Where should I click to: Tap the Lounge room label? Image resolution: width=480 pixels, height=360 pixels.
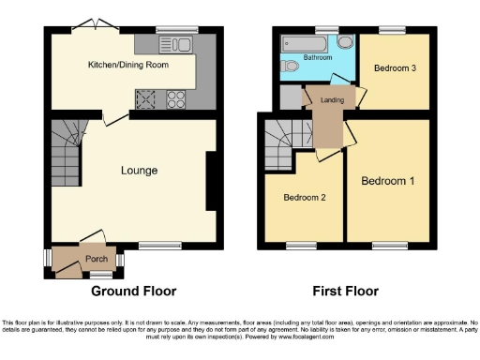[x=138, y=171]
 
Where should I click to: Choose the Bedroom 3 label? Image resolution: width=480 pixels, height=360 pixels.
[x=394, y=68]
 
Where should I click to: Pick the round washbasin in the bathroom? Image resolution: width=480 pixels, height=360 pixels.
[x=344, y=42]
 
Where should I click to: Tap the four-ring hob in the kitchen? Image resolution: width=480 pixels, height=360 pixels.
[x=175, y=98]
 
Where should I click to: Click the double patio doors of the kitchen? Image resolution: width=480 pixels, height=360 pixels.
[x=95, y=25]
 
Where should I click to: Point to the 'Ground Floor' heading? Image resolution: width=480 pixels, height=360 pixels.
[x=135, y=292]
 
